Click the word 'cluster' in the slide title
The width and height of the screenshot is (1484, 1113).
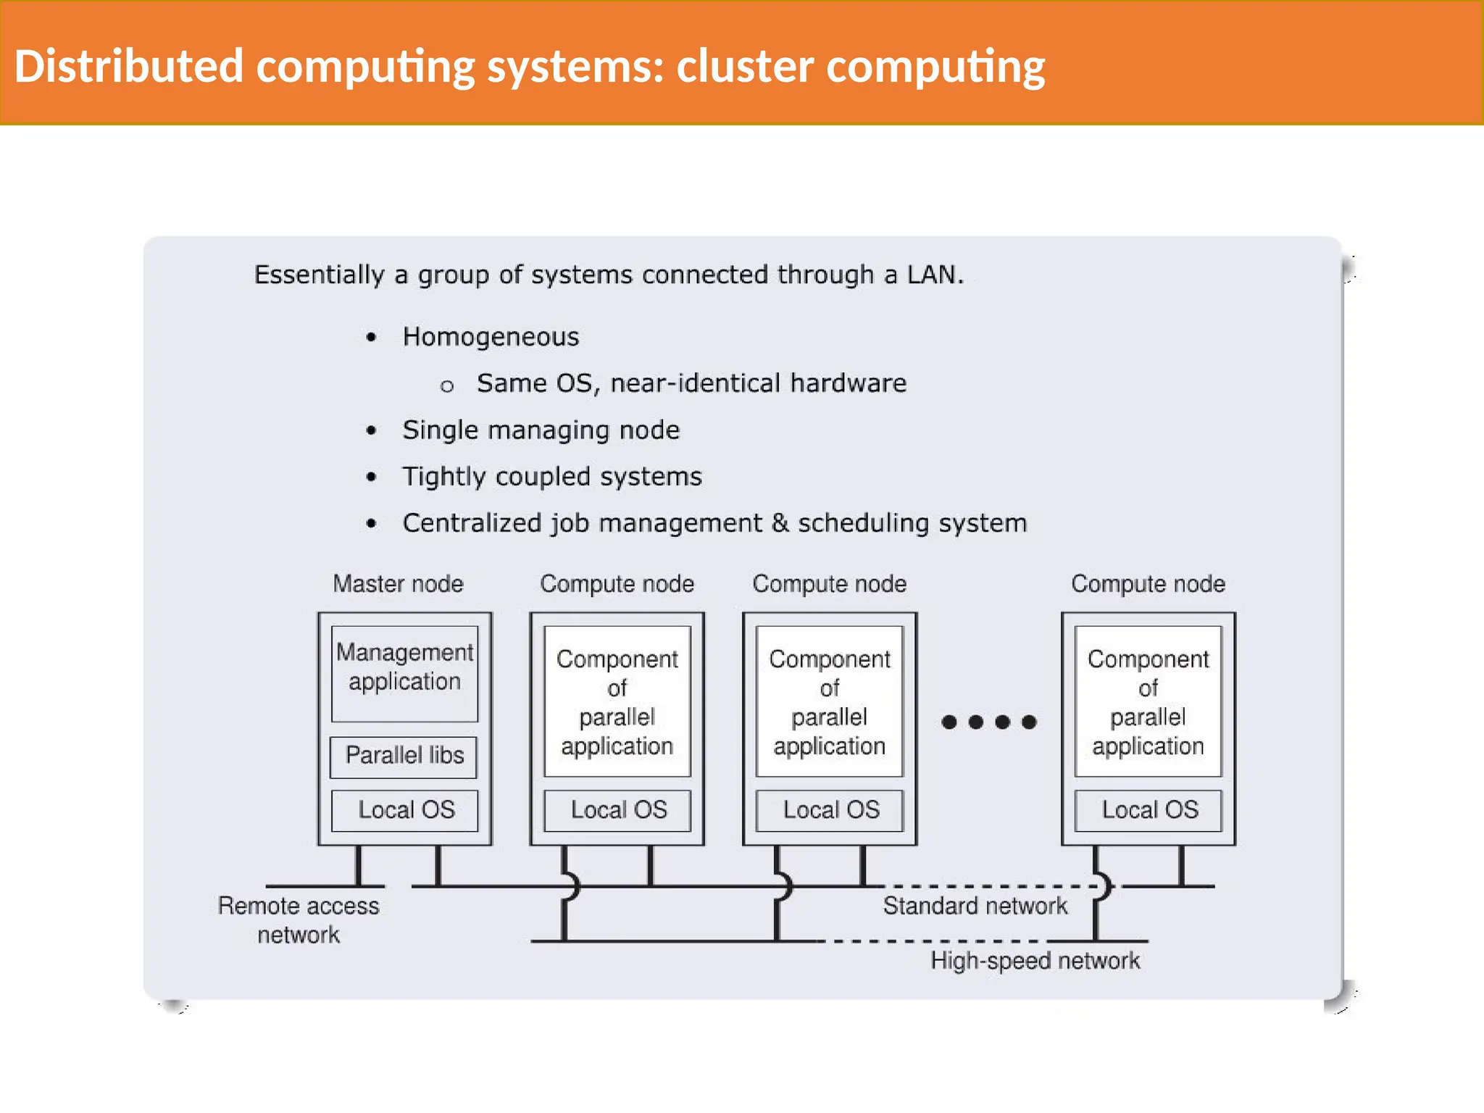[x=744, y=66]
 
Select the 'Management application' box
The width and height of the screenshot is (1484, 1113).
[x=404, y=672]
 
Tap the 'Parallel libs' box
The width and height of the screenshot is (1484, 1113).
[x=404, y=756]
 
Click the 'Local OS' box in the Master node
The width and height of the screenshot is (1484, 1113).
[x=405, y=809]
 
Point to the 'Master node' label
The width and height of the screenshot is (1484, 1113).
[x=398, y=584]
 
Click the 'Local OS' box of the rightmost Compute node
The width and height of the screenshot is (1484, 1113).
[x=1149, y=809]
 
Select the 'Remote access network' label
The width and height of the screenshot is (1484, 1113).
[x=298, y=920]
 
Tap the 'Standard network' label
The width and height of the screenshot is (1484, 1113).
[x=975, y=906]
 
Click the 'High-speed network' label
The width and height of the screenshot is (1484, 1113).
[x=1035, y=961]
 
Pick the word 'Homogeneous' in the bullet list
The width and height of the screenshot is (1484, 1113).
[x=491, y=337]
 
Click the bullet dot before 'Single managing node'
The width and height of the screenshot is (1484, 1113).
[x=372, y=430]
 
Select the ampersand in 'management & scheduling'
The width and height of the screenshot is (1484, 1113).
[x=780, y=523]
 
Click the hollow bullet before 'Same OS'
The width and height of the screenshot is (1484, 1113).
[x=447, y=386]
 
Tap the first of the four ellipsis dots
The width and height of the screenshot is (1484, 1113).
[x=949, y=722]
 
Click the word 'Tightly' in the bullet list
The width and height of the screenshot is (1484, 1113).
[x=443, y=477]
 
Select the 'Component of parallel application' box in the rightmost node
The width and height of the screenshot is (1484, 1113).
[x=1148, y=701]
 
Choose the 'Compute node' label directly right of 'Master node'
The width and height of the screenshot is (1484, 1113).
[x=617, y=584]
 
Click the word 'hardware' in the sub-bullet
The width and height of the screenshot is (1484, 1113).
[x=848, y=383]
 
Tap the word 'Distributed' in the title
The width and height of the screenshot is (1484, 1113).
[x=128, y=66]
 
